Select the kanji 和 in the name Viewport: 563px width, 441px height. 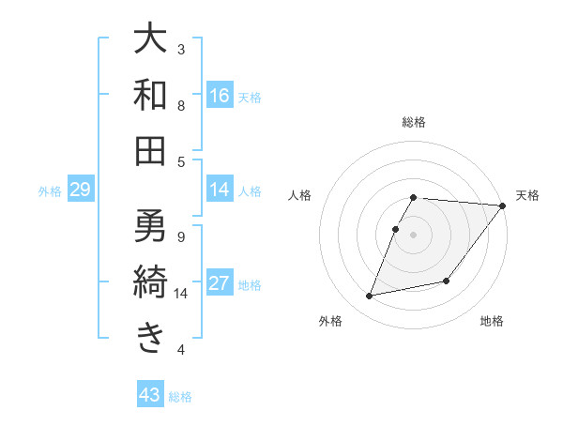[150, 95]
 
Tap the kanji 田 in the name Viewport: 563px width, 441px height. [150, 150]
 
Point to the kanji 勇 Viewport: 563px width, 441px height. [150, 224]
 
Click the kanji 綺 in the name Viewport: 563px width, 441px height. [150, 281]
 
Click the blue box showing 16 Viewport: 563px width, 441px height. [220, 95]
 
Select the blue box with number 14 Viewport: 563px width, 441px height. [220, 190]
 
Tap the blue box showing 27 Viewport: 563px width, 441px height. [220, 283]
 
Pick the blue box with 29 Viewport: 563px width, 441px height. [80, 190]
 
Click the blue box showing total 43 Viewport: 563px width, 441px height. [150, 395]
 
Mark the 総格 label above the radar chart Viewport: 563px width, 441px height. [414, 122]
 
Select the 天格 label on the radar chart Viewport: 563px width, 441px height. [527, 195]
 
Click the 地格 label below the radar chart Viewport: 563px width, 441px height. [492, 322]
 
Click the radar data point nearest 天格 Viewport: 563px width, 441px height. [502, 206]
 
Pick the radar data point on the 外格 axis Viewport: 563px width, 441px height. [370, 297]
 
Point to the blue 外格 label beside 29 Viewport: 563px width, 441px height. [50, 191]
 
